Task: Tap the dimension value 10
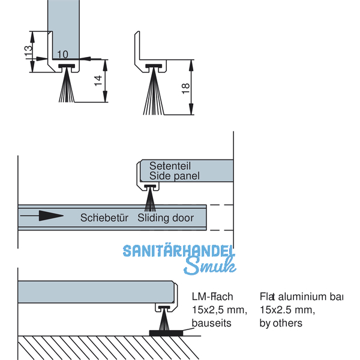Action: pos(63,54)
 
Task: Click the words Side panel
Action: pos(174,176)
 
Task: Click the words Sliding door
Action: pos(166,217)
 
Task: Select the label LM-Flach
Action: pos(212,296)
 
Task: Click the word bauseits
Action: pos(211,323)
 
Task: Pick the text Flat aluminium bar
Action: pos(301,296)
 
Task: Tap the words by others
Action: pos(281,323)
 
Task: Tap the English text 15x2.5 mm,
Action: pos(287,310)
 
